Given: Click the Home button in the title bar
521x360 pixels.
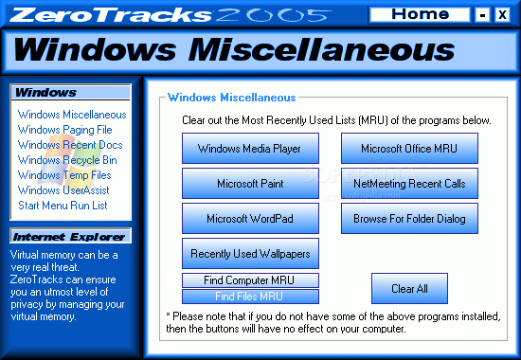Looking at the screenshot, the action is point(420,15).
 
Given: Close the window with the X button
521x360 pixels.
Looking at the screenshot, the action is point(502,15).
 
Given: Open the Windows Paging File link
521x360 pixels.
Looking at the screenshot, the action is point(64,130).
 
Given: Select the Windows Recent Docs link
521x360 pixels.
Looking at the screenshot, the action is point(70,145).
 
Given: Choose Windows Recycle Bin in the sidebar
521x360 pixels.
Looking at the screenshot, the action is point(67,160).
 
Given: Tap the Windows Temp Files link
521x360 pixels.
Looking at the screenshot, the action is point(64,175).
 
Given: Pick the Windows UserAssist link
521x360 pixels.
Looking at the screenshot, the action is point(63,190).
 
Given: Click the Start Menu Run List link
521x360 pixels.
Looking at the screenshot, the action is point(63,206).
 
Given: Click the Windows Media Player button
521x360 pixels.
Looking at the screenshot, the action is point(250,148).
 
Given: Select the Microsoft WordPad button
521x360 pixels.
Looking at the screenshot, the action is point(250,219).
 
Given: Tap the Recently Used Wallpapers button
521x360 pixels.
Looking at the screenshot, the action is point(250,253).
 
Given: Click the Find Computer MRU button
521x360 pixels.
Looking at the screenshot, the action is point(250,280).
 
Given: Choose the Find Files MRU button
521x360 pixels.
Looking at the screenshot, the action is point(250,297).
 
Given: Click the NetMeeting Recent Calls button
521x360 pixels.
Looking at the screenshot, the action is point(409,184).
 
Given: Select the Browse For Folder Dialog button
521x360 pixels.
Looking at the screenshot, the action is point(409,219).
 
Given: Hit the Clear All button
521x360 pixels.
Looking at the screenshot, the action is point(409,289).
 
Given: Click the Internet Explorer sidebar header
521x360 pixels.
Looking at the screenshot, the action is point(70,236).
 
